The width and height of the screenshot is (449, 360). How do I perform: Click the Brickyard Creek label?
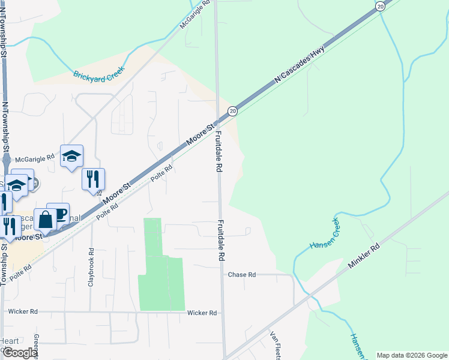99,75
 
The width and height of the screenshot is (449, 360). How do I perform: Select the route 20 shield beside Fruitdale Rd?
233,111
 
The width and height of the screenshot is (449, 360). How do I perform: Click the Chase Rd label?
241,275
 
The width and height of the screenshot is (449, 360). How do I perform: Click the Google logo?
19,353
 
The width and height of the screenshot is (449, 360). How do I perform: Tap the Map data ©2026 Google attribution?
411,355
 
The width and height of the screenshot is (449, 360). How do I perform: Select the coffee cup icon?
58,214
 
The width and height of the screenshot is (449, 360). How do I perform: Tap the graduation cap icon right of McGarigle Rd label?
71,156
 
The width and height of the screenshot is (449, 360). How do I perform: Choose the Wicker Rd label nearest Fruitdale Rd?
202,313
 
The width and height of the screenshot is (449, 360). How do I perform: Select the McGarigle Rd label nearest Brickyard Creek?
196,17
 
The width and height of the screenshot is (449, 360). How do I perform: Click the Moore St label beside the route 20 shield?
200,135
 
